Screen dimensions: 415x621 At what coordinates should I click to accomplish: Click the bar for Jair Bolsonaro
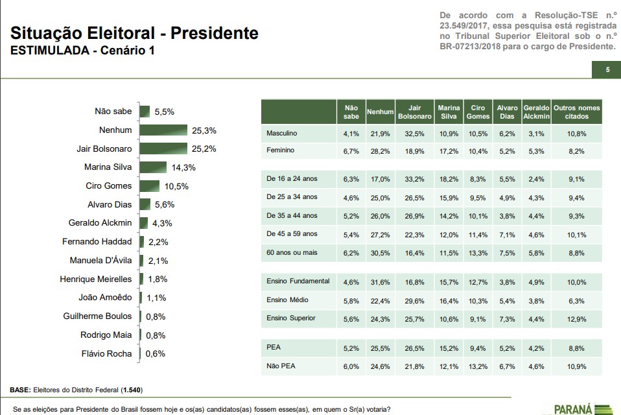pos(163,148)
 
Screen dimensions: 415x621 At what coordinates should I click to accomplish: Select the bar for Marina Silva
pos(152,167)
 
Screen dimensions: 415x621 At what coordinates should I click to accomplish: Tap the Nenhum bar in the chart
pos(163,130)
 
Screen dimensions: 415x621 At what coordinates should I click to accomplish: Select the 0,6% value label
pos(155,354)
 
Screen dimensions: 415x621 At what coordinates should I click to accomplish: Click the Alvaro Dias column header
pos(507,112)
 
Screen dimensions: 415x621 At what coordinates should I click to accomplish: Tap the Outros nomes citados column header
pos(576,112)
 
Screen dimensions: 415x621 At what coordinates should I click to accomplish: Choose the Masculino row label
pos(281,134)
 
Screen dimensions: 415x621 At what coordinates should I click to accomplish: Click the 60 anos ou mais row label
pos(292,252)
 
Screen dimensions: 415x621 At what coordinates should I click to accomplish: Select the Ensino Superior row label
pos(291,318)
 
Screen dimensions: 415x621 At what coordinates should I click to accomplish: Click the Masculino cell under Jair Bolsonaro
pos(414,134)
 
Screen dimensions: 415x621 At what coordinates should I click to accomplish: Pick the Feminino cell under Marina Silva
pos(449,151)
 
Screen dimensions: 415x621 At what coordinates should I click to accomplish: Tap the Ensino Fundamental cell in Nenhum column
pos(380,282)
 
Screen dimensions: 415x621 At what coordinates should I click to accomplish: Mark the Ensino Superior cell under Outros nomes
pos(576,319)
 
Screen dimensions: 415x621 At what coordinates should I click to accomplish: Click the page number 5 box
pos(607,70)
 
